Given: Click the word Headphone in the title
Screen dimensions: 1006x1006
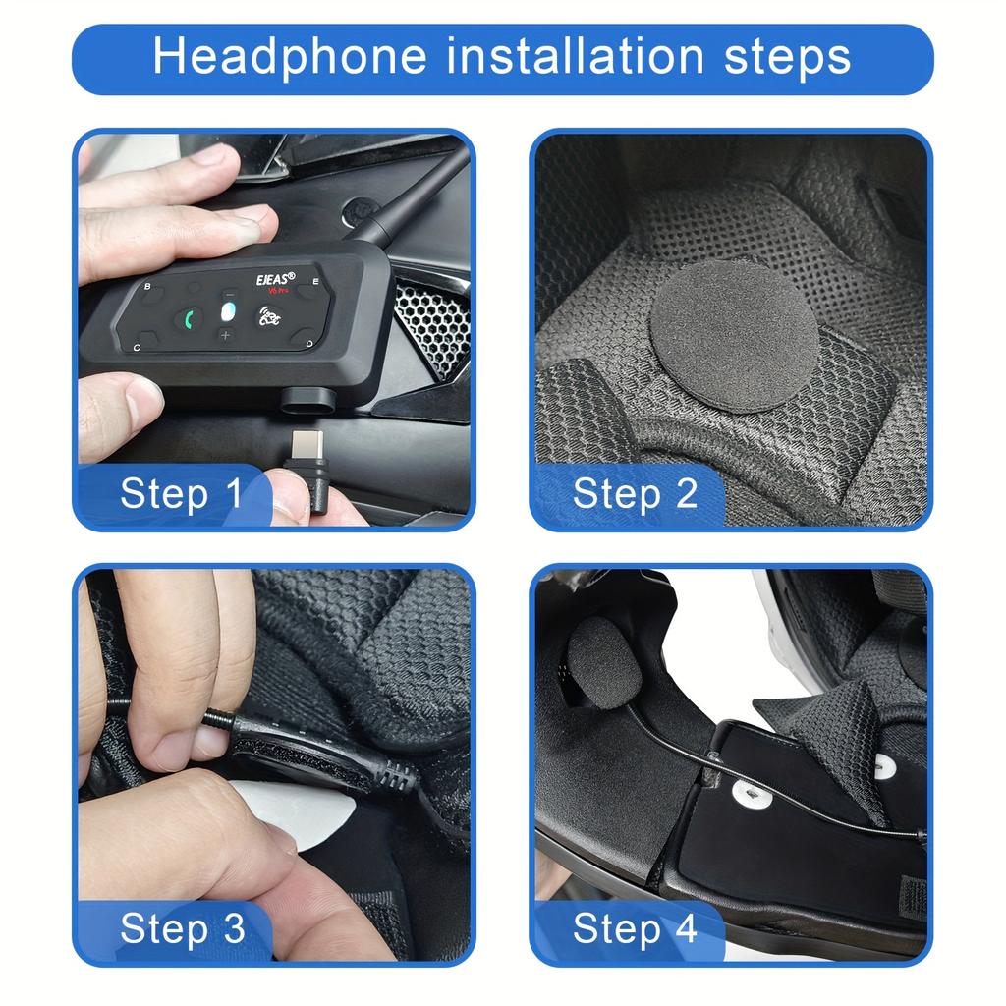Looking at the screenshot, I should tap(290, 57).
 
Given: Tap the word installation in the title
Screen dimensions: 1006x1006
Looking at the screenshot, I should tap(577, 57).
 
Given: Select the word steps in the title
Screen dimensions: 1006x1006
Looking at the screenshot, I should tap(788, 57).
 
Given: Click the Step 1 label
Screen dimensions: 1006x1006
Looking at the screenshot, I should tap(181, 493).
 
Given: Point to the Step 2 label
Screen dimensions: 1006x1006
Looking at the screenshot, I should tap(635, 493).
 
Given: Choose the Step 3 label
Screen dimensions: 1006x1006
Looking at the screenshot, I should tap(181, 927).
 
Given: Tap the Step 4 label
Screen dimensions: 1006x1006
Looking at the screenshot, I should tap(635, 927).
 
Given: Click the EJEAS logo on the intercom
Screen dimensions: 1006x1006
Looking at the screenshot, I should tap(275, 279).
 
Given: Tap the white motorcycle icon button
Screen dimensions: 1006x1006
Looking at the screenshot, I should tap(267, 316).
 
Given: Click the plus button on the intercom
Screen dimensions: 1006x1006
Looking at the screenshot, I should tap(225, 337).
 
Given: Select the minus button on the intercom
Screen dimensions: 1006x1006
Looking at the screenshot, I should tap(229, 294).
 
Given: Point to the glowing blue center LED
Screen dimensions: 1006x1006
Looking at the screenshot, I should tap(227, 314).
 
